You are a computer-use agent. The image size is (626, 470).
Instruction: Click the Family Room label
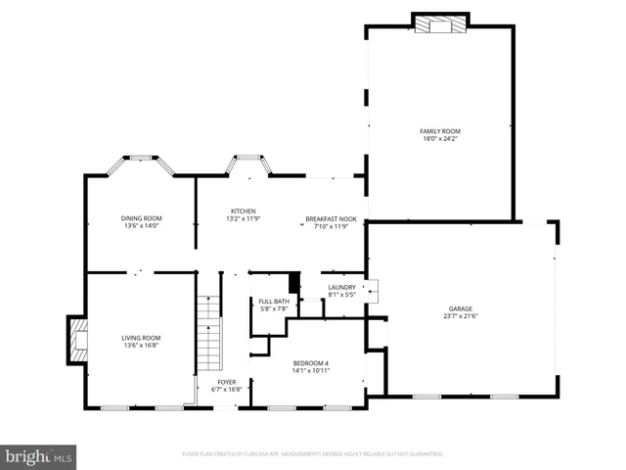[439, 131]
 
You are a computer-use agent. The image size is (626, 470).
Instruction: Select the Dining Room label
[141, 217]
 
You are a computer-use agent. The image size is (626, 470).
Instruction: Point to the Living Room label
[141, 338]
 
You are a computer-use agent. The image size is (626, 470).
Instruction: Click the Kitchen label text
[243, 211]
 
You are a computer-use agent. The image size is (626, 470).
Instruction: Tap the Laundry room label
[341, 287]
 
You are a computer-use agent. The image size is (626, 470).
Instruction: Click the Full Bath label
[274, 302]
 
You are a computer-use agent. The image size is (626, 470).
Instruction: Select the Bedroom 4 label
[312, 363]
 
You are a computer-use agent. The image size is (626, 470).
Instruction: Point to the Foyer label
[227, 382]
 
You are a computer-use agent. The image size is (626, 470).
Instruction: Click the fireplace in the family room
[442, 23]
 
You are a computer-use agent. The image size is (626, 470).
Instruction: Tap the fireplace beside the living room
[76, 339]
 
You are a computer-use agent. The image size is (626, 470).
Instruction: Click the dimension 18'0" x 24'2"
[439, 139]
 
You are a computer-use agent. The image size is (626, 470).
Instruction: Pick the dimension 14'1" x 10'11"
[312, 371]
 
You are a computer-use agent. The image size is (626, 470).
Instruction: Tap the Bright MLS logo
[39, 455]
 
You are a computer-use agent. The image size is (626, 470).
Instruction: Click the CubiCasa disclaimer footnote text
[313, 454]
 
